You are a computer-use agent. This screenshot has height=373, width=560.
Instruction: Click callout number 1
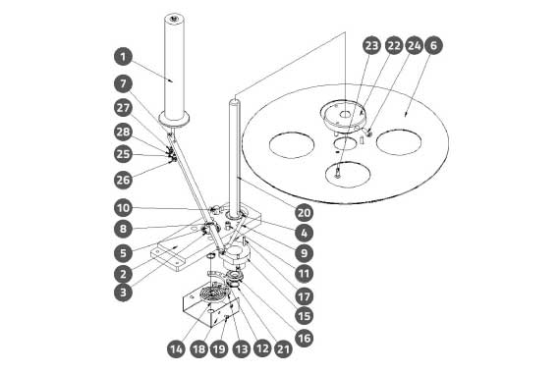(x=123, y=57)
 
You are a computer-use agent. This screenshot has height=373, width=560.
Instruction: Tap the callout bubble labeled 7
(x=123, y=83)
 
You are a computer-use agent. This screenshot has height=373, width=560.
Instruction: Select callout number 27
(x=123, y=108)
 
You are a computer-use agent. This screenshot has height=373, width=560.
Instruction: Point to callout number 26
(x=123, y=180)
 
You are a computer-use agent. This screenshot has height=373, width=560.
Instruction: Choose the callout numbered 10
(x=123, y=208)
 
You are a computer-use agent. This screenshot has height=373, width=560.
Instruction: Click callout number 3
(x=123, y=293)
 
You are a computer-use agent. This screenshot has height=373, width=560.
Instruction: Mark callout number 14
(x=176, y=348)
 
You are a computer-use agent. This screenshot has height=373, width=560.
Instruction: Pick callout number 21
(x=283, y=348)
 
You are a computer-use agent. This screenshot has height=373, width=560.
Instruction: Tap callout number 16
(x=305, y=338)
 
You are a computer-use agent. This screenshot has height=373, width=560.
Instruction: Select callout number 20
(x=305, y=213)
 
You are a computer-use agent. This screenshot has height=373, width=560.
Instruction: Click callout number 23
(x=371, y=45)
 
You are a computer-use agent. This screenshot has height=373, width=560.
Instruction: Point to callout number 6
(x=433, y=45)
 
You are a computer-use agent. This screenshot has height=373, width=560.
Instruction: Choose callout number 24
(x=414, y=45)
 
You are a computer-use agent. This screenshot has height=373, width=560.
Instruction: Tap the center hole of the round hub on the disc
(x=345, y=114)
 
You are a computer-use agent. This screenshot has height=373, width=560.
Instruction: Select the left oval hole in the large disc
(x=292, y=144)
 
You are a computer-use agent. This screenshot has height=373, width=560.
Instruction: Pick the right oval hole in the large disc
(x=399, y=142)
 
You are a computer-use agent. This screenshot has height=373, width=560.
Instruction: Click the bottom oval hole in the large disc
(x=348, y=174)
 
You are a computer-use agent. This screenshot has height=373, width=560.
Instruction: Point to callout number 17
(x=305, y=296)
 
